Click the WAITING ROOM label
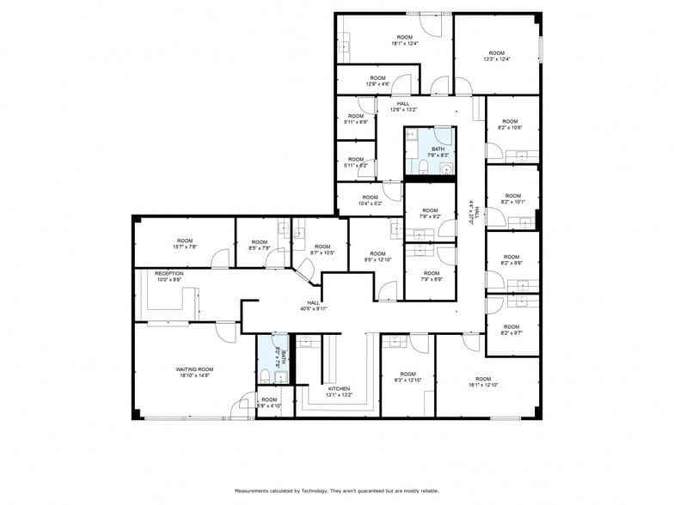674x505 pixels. [x=193, y=372]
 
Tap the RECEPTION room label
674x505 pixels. [x=168, y=277]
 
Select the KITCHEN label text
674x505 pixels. [x=339, y=392]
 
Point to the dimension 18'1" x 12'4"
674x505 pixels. [x=404, y=43]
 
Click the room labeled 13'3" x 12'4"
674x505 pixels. [x=497, y=56]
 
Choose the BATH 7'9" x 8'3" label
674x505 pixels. [x=438, y=152]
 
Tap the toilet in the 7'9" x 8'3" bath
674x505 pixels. [x=424, y=165]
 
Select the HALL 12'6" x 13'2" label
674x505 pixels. [x=403, y=106]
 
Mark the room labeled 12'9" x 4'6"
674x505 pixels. [x=378, y=81]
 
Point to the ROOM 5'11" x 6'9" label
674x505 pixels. [x=356, y=118]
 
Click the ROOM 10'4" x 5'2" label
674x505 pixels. [x=368, y=201]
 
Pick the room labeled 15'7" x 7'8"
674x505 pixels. [x=185, y=243]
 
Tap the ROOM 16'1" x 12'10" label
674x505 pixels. [x=483, y=382]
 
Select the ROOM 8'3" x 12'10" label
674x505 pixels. [x=407, y=377]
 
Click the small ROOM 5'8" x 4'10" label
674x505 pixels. [x=269, y=403]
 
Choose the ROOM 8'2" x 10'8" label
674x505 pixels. [x=511, y=125]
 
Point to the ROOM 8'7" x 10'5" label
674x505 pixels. [x=322, y=249]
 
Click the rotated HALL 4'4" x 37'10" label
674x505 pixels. [x=471, y=211]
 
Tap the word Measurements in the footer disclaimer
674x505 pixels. [x=254, y=490]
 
